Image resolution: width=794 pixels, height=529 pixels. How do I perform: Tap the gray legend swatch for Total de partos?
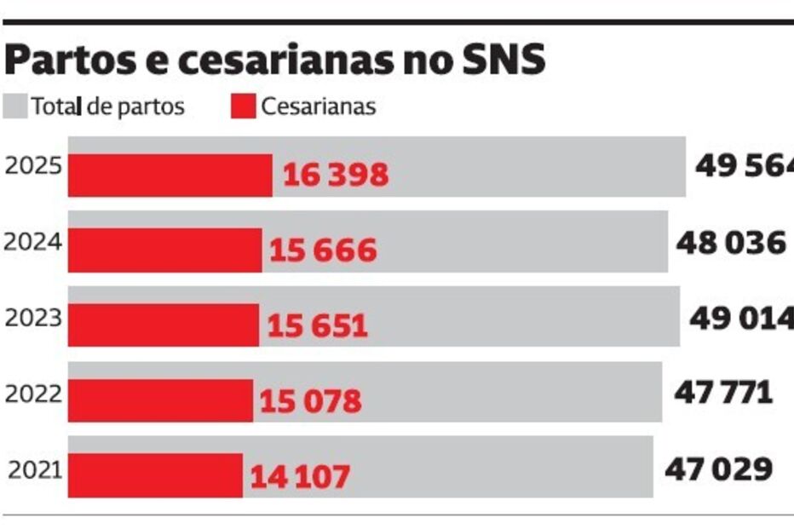click(x=16, y=106)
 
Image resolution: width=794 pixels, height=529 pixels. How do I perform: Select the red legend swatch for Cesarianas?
click(x=243, y=106)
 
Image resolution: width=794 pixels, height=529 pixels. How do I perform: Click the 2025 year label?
click(x=33, y=165)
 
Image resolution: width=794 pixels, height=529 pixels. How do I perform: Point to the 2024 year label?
click(x=33, y=242)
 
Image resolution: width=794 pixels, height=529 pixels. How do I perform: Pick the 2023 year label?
click(x=33, y=318)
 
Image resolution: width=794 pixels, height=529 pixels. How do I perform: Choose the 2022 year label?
click(x=33, y=394)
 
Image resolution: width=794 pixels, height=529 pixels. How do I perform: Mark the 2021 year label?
click(x=35, y=469)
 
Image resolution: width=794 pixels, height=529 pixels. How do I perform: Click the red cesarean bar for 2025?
click(x=170, y=175)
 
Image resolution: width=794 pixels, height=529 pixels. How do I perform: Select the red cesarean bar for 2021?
click(x=155, y=475)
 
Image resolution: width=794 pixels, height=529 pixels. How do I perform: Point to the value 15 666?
click(x=323, y=250)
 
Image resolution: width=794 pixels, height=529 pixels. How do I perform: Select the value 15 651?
click(x=318, y=325)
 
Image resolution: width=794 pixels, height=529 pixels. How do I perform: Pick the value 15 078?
click(x=311, y=400)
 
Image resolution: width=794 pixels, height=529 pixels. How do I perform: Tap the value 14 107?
click(x=300, y=476)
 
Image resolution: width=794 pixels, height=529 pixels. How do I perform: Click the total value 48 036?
click(x=730, y=242)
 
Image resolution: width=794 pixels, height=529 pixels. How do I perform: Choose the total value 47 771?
click(x=723, y=393)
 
